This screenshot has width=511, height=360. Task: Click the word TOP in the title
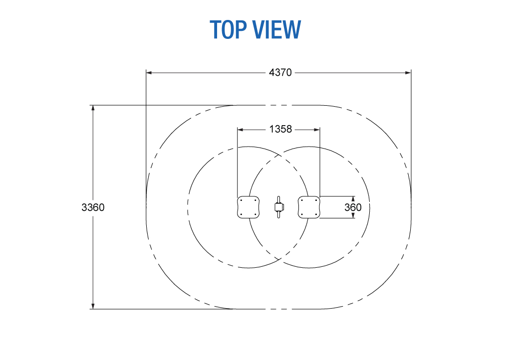pyautogui.click(x=228, y=29)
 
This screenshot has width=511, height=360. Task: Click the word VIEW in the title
pyautogui.click(x=277, y=29)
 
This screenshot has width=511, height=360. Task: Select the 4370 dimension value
pyautogui.click(x=280, y=73)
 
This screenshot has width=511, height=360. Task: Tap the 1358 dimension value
pyautogui.click(x=280, y=129)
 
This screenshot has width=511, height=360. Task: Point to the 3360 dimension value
pyautogui.click(x=93, y=207)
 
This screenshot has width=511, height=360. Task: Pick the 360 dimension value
pyautogui.click(x=353, y=207)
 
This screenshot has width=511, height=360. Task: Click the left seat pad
pyautogui.click(x=249, y=207)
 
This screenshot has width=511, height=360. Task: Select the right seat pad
pyautogui.click(x=309, y=207)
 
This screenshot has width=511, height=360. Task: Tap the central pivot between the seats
pyautogui.click(x=279, y=207)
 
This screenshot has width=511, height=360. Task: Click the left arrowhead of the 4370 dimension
pyautogui.click(x=149, y=73)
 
